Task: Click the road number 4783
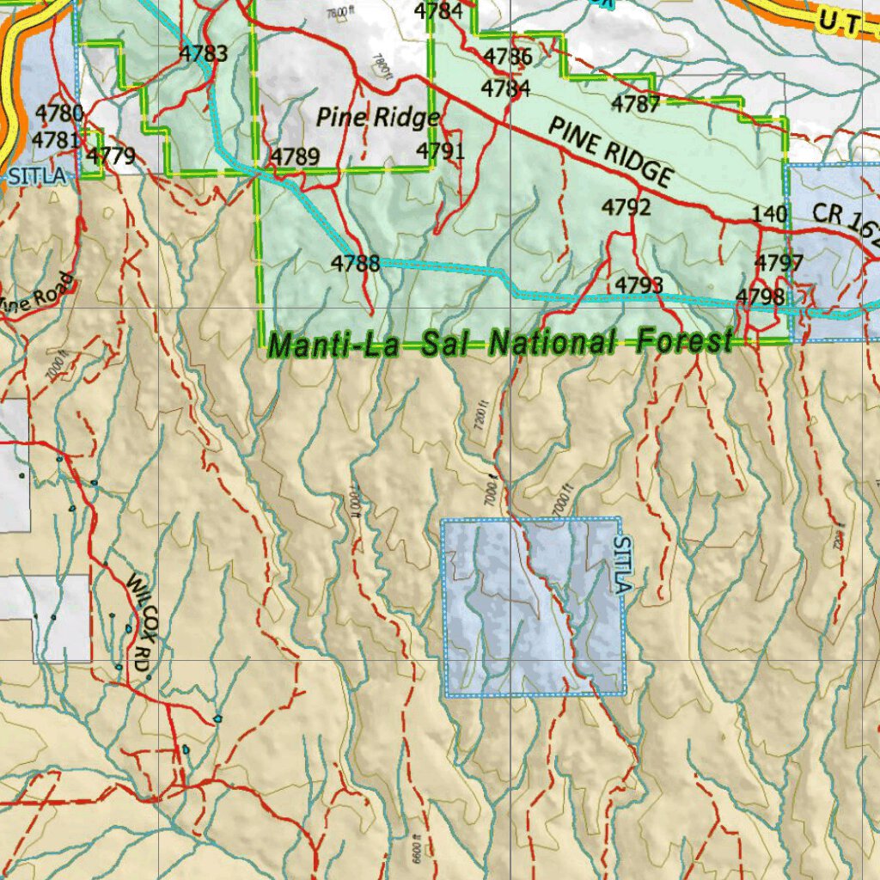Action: (x=204, y=54)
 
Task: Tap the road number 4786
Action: (x=508, y=58)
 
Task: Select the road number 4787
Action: (x=635, y=105)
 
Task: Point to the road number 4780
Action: (x=59, y=113)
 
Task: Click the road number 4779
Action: (x=112, y=156)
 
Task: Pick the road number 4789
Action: (x=296, y=156)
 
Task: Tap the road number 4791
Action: (x=440, y=151)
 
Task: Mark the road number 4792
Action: (x=626, y=207)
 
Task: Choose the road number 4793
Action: (x=639, y=284)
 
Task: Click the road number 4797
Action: (x=779, y=263)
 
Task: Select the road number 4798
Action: (x=760, y=296)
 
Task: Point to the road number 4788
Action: (x=356, y=263)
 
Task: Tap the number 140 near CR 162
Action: (x=769, y=214)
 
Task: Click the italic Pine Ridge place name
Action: (x=378, y=117)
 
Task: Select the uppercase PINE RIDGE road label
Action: (x=610, y=152)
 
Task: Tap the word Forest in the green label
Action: (x=684, y=342)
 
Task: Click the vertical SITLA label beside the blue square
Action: (x=624, y=564)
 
